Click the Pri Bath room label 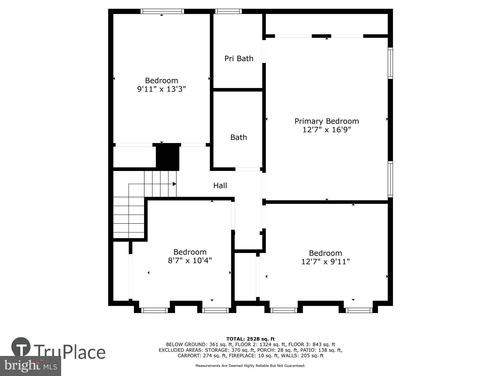239,58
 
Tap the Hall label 220,185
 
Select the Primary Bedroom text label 326,121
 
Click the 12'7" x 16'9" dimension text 326,130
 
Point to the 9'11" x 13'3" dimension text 161,89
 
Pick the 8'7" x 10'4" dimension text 190,261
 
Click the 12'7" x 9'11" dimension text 325,262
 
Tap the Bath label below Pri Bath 238,137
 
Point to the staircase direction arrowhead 174,184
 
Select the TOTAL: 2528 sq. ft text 250,339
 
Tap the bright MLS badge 30,366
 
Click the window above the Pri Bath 228,11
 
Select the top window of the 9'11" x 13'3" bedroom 162,11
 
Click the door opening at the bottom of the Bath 247,169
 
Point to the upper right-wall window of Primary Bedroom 390,63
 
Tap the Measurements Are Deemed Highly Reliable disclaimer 250,366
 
